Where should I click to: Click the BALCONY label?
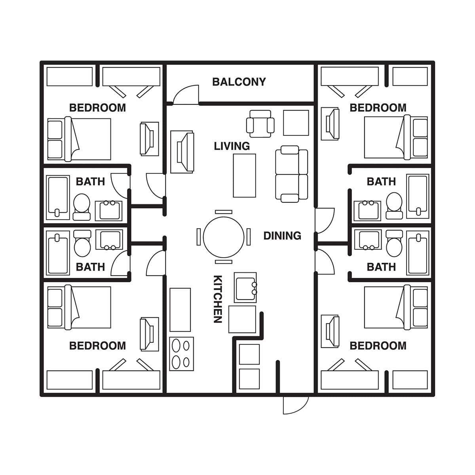[x=239, y=82]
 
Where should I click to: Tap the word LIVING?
[x=232, y=146]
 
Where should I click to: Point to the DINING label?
[x=282, y=236]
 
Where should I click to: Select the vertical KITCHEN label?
[x=218, y=299]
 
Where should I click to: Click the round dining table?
[x=224, y=237]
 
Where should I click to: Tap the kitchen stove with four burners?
[x=181, y=354]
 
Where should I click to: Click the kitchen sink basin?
[x=245, y=287]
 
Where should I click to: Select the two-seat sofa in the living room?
[x=292, y=174]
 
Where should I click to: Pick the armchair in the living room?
[x=260, y=124]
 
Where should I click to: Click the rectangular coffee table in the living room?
[x=245, y=175]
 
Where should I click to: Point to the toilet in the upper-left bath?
[x=82, y=207]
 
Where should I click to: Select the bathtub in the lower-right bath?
[x=418, y=253]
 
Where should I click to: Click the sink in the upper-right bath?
[x=367, y=211]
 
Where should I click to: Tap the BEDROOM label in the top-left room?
[x=97, y=108]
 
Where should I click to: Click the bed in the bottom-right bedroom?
[x=396, y=307]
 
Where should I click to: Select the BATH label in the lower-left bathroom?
[x=90, y=267]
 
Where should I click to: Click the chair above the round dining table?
[x=224, y=212]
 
